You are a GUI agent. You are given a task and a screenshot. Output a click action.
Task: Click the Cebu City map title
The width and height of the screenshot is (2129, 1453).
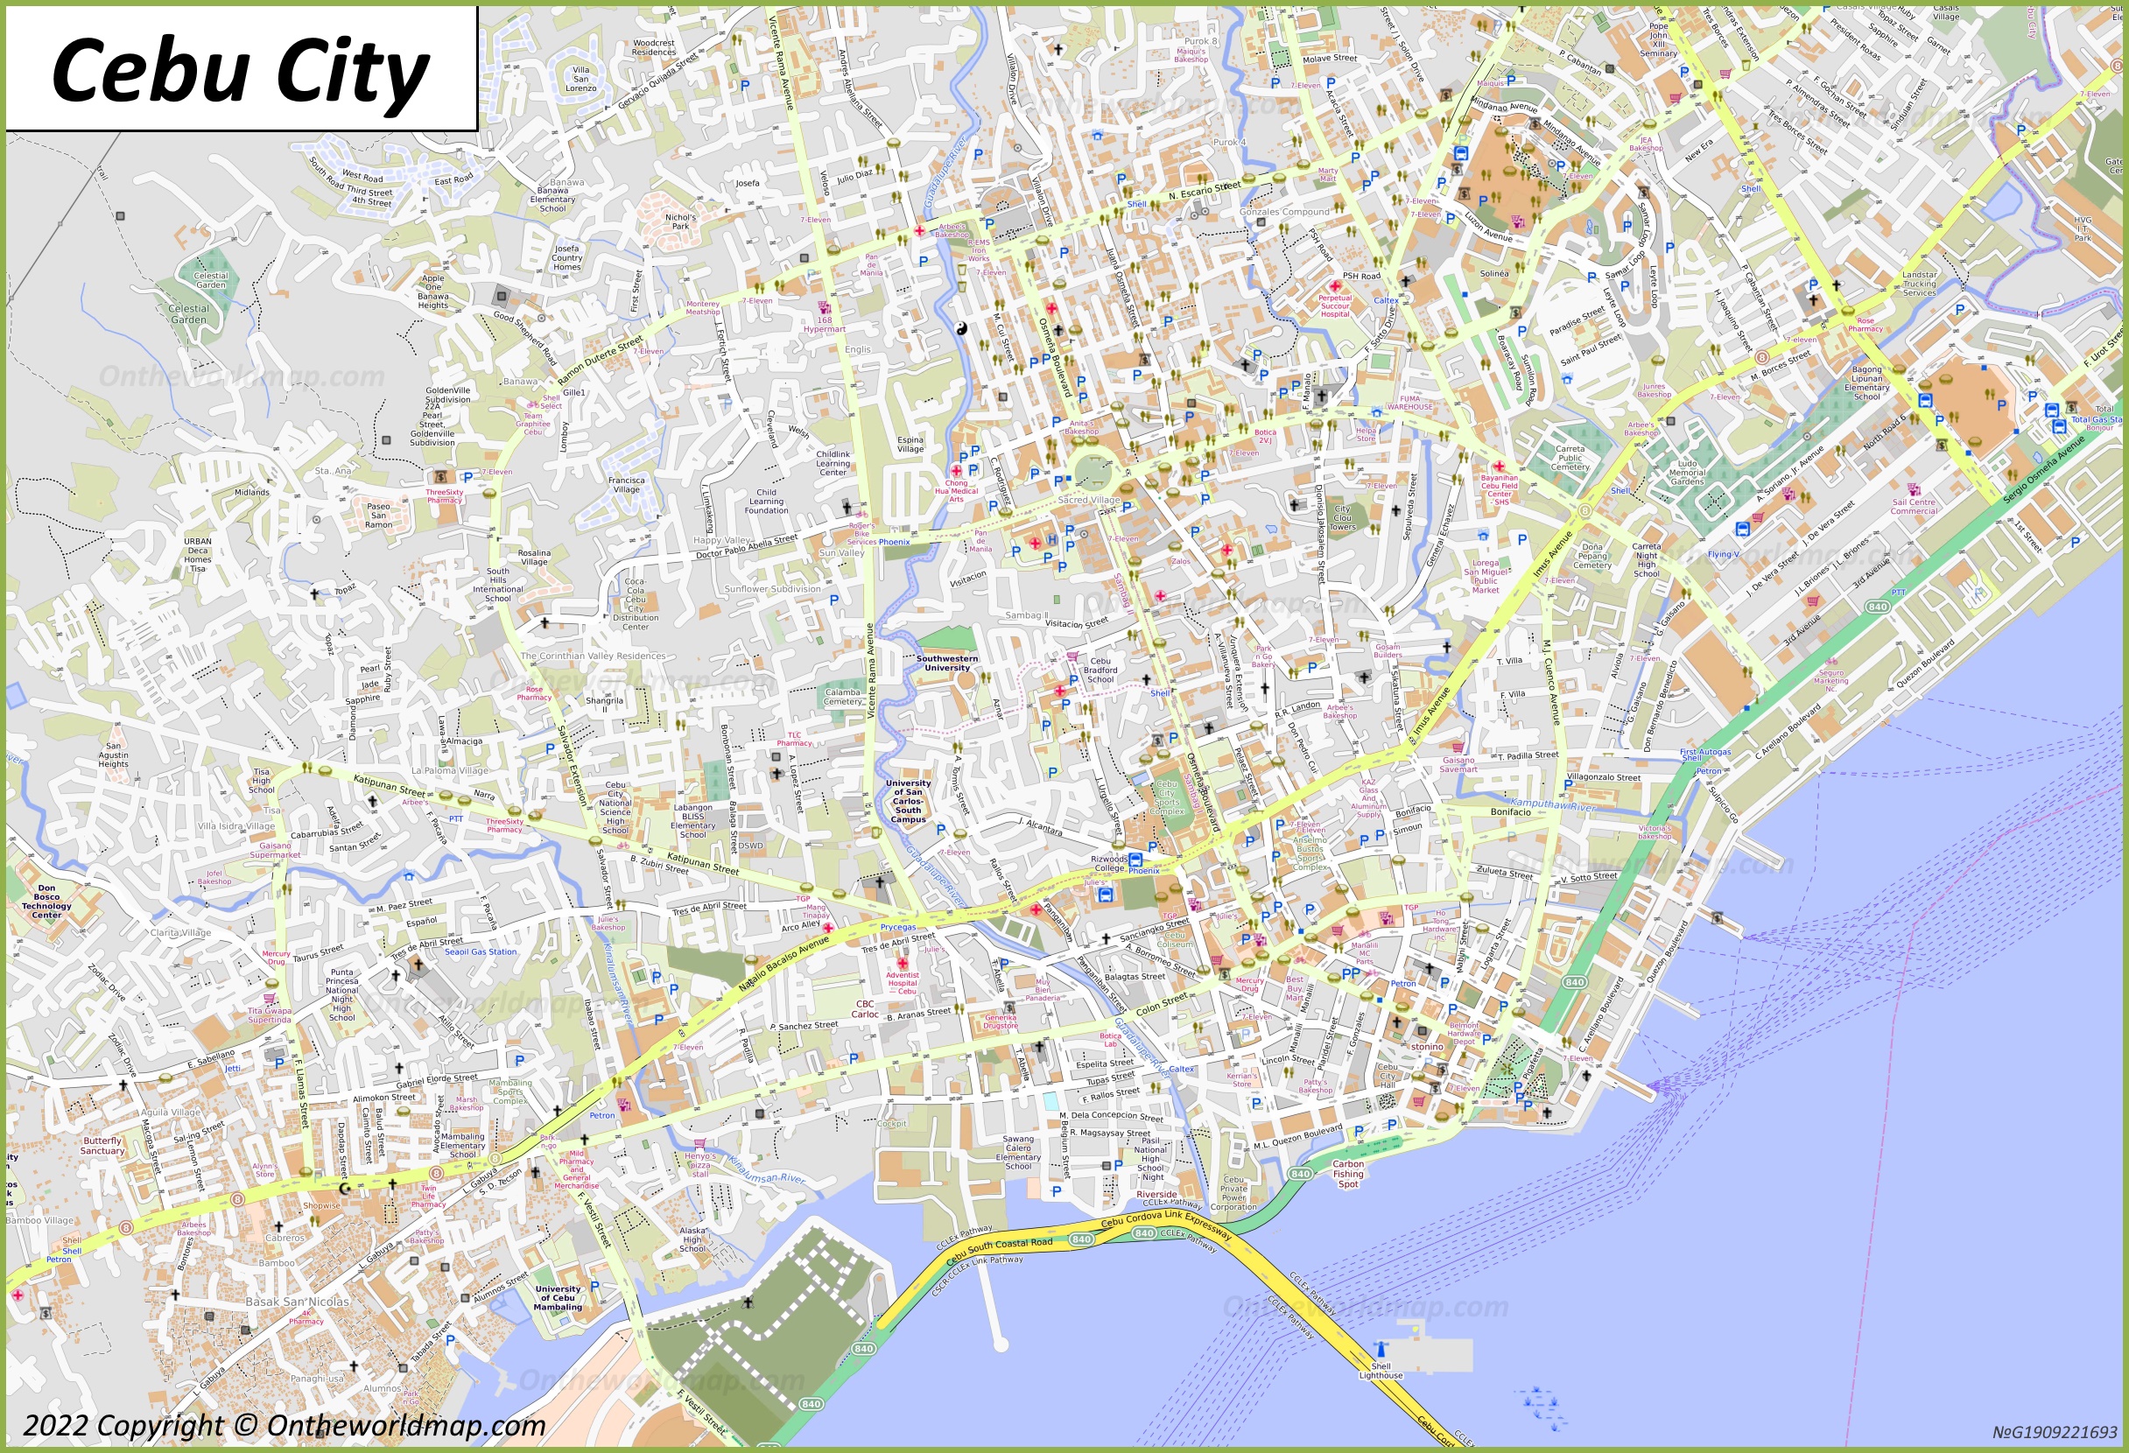(240, 70)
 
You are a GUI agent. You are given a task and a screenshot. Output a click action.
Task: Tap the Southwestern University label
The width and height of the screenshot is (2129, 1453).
(946, 663)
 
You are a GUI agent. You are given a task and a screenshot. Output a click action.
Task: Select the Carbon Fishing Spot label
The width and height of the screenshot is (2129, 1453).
(1347, 1174)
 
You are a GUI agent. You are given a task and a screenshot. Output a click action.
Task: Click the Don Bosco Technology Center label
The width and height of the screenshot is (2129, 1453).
(46, 902)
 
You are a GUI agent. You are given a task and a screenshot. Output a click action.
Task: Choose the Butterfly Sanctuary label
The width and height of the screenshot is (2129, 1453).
(102, 1146)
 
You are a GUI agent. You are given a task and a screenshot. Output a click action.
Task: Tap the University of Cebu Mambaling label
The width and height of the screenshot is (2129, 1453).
(558, 1297)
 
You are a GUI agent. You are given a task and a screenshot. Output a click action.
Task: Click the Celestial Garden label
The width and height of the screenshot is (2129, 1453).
(189, 314)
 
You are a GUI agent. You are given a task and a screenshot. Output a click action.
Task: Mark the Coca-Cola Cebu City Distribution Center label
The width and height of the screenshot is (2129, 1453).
(635, 605)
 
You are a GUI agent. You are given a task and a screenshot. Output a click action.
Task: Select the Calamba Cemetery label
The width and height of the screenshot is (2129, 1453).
(842, 698)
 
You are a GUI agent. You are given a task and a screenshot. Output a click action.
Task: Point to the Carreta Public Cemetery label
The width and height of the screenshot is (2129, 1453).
(1570, 458)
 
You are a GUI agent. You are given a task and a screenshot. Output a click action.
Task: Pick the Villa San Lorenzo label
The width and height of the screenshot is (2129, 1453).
(580, 79)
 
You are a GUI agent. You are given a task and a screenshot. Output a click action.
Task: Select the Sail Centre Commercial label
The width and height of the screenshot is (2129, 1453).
(1914, 507)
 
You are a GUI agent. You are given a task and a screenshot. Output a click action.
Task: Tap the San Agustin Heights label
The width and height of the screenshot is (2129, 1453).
(114, 755)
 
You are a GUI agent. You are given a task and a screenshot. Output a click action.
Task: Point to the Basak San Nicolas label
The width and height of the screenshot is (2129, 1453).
(297, 1302)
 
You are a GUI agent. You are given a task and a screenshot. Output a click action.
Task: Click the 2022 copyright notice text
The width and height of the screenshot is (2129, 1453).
(284, 1426)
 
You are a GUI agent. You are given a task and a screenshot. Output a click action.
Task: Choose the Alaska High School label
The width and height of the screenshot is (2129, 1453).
(692, 1239)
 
